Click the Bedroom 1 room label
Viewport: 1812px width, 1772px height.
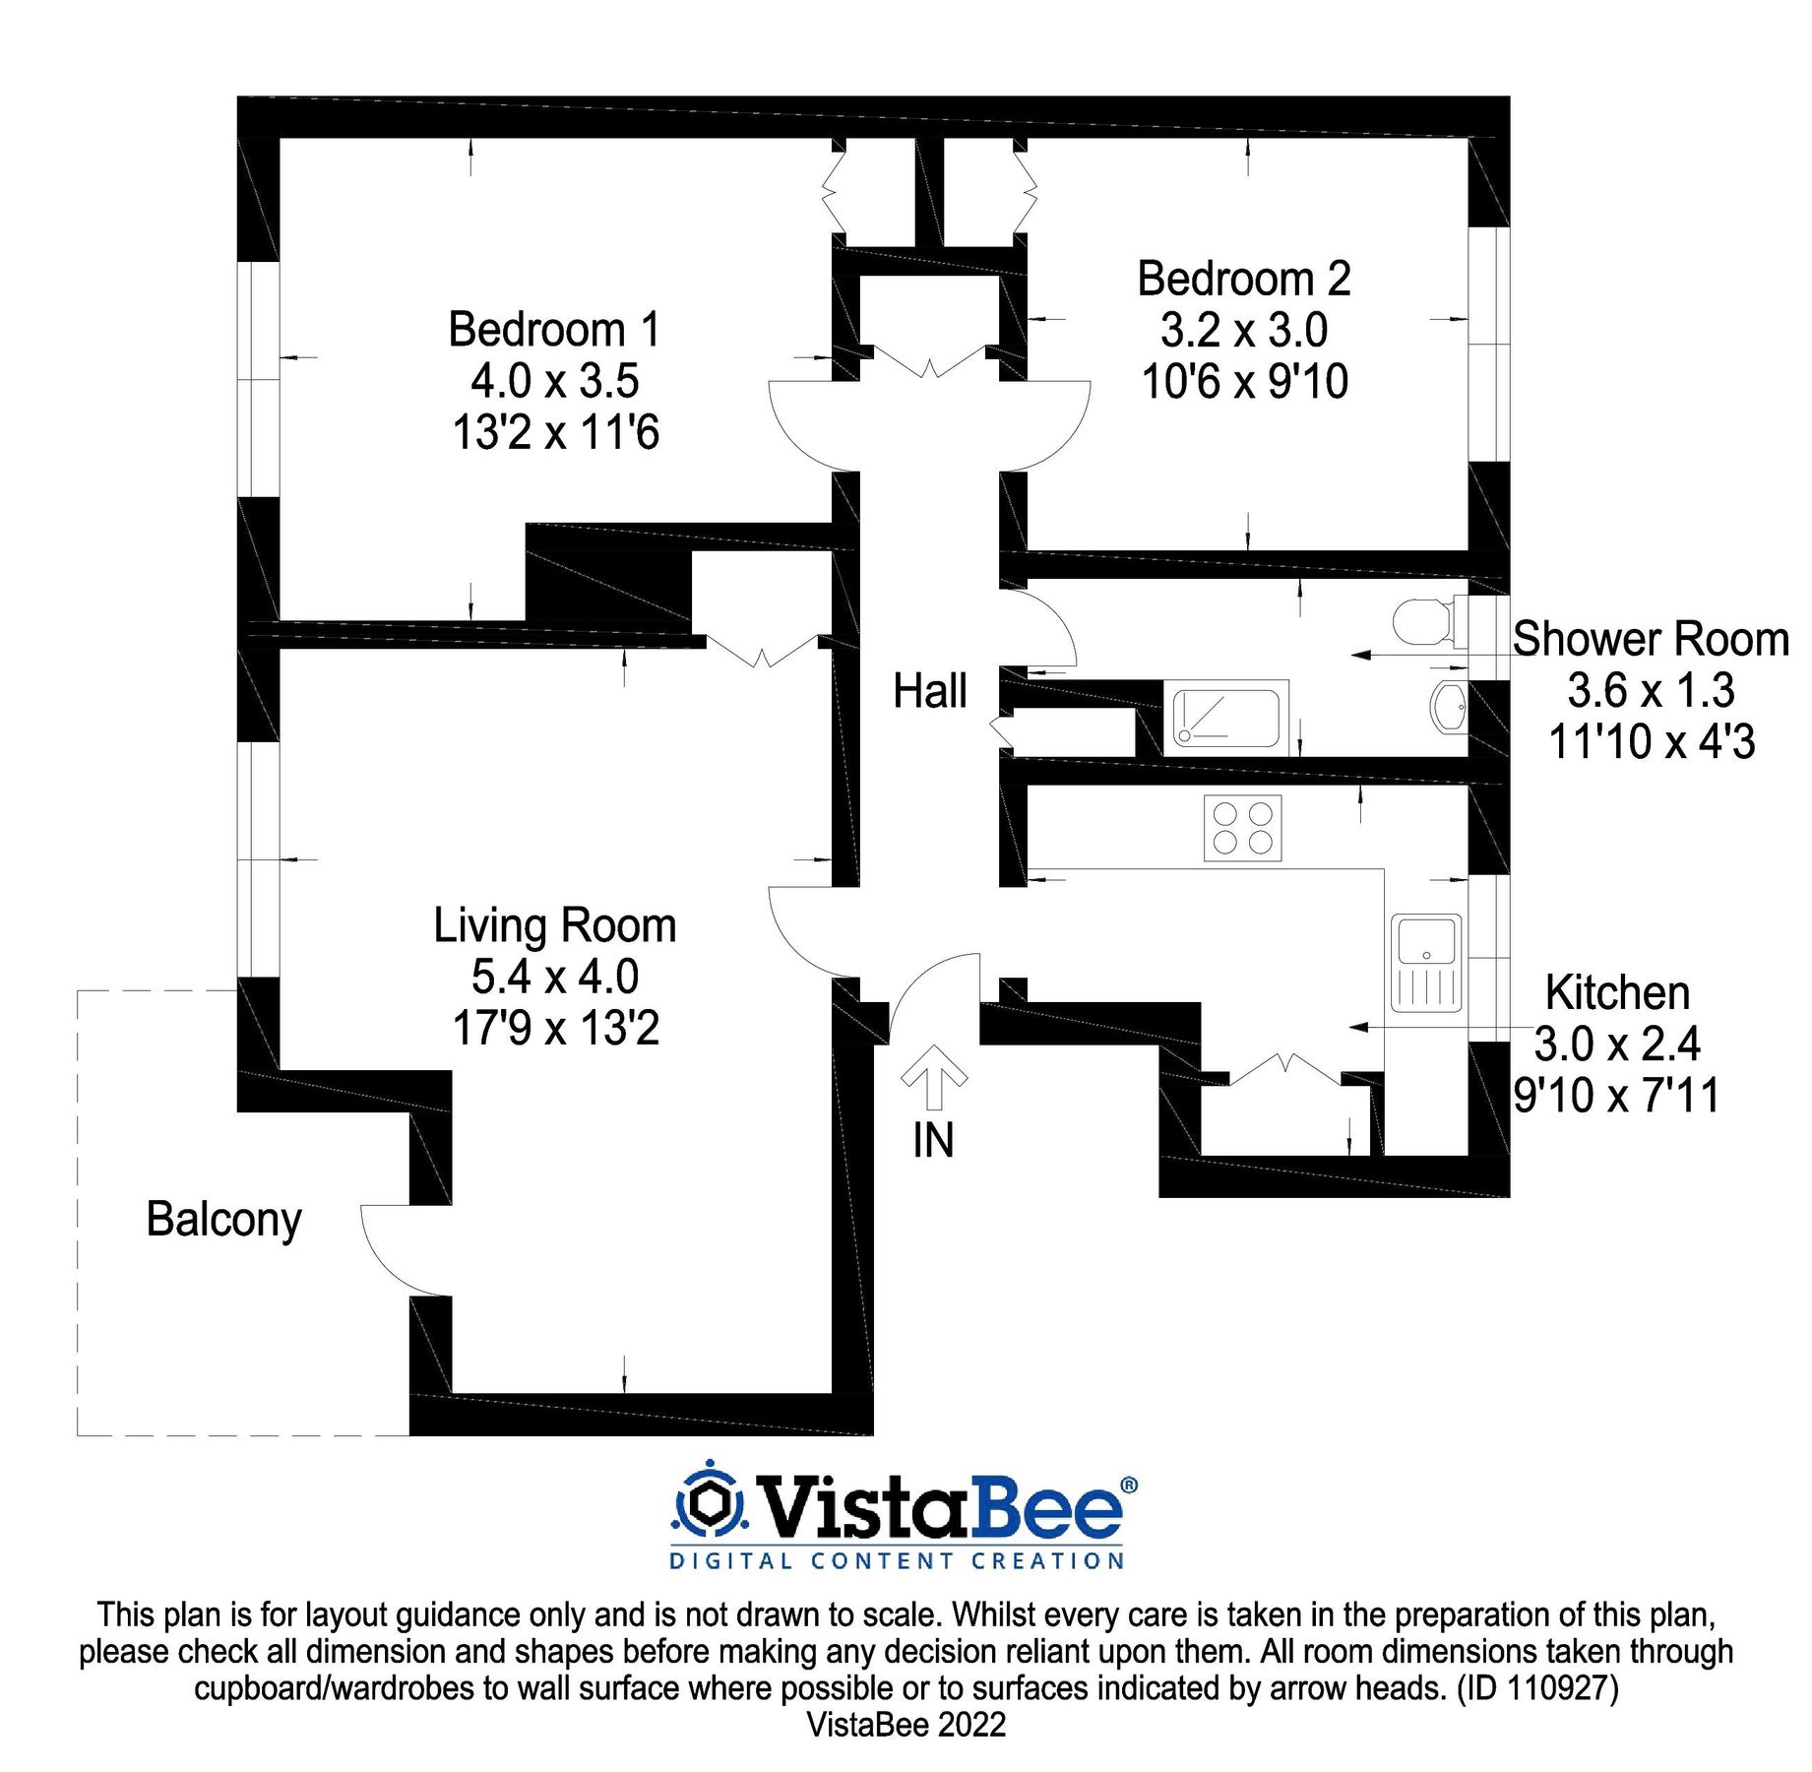click(554, 330)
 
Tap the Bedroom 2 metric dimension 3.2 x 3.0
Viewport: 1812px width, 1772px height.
click(1243, 331)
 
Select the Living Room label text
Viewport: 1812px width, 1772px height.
click(554, 926)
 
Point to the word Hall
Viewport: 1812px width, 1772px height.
click(929, 691)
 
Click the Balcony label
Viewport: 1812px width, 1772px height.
click(223, 1220)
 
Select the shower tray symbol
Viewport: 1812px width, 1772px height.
click(1226, 717)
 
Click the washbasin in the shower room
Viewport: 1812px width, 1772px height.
click(1447, 705)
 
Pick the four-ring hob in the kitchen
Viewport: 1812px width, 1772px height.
click(1242, 828)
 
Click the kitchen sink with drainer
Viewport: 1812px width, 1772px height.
click(1426, 963)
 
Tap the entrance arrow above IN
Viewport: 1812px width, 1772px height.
click(934, 1076)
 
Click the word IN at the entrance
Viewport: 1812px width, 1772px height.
click(933, 1141)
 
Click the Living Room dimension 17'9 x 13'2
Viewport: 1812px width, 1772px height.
click(554, 1029)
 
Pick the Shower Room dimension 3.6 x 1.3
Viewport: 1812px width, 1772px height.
click(1651, 691)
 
